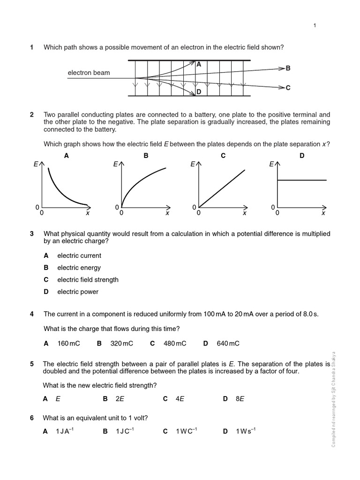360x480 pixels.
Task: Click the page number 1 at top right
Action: click(x=315, y=25)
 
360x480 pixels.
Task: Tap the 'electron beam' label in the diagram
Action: click(x=89, y=73)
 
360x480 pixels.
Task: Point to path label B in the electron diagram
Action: click(x=288, y=68)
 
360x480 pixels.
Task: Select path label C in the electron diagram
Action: click(x=288, y=88)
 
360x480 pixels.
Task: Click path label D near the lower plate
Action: click(x=199, y=92)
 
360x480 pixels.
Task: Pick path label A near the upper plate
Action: click(x=199, y=65)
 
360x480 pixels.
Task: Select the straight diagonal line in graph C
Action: click(x=222, y=187)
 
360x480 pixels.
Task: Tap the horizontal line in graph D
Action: click(x=302, y=180)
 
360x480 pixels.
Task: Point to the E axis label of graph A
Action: click(x=36, y=165)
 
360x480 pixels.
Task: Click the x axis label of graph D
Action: click(x=323, y=213)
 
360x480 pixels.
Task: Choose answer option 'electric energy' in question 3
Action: click(x=79, y=268)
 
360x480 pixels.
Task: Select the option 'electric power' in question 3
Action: click(x=78, y=292)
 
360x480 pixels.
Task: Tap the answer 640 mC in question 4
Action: click(x=228, y=344)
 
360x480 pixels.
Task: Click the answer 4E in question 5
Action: click(x=180, y=399)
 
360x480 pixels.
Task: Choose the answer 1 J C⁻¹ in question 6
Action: click(x=125, y=431)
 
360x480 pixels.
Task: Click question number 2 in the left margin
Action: click(x=32, y=115)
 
